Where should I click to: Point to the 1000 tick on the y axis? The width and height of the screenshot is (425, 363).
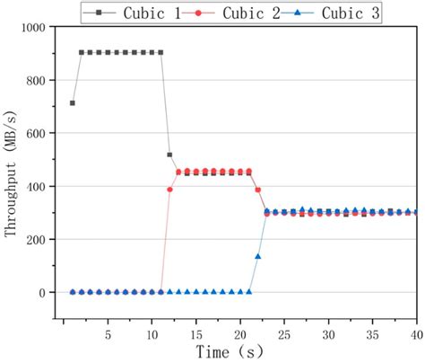36,28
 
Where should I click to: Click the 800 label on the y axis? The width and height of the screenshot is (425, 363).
39,81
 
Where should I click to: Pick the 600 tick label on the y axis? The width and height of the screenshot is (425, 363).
39,134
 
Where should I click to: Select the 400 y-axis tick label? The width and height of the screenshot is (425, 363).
39,187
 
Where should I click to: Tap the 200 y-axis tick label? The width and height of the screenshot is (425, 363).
39,240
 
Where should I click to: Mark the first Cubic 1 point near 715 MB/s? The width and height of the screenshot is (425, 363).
73,103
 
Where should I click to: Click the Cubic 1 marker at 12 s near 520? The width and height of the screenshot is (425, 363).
169,155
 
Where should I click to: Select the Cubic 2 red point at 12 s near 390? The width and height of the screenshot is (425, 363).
169,190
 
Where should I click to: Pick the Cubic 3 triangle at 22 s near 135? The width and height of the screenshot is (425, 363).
257,257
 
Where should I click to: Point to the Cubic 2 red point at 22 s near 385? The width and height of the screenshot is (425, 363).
257,190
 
